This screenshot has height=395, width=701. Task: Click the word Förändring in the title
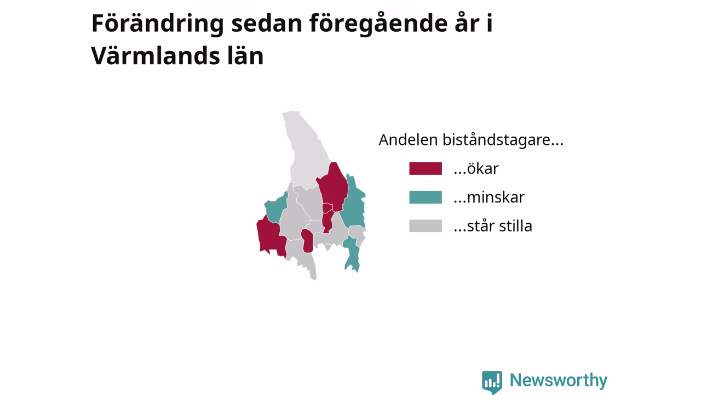(x=158, y=24)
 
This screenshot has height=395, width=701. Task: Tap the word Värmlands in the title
(x=156, y=56)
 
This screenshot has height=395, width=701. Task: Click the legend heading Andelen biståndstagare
(x=471, y=140)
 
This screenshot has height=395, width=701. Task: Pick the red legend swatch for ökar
(x=426, y=168)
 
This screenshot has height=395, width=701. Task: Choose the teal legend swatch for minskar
(x=426, y=197)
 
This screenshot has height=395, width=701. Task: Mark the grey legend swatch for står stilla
(x=426, y=225)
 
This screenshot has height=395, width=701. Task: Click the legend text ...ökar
(x=476, y=168)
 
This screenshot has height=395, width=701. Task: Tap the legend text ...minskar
(x=489, y=197)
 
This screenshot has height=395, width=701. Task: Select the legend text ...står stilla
(x=493, y=225)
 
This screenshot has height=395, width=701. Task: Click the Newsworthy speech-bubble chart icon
(x=492, y=382)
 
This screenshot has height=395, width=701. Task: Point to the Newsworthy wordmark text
(x=559, y=381)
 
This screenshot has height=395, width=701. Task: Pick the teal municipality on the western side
(x=275, y=208)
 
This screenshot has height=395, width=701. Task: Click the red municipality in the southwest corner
(x=270, y=236)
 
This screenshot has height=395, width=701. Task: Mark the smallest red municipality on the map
(x=327, y=208)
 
